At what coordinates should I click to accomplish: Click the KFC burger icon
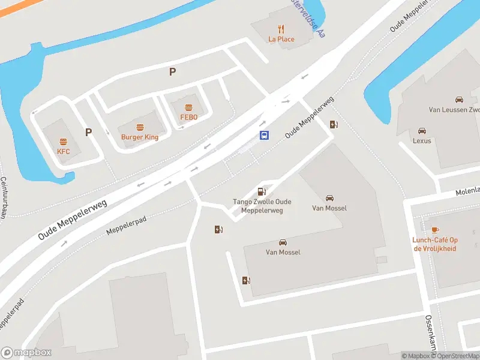pyautogui.click(x=63, y=142)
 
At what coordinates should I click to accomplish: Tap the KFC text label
pyautogui.click(x=64, y=152)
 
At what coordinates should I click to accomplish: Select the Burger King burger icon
pyautogui.click(x=140, y=127)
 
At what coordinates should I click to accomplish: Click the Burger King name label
pyautogui.click(x=140, y=137)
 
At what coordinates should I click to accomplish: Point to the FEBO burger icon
pyautogui.click(x=189, y=107)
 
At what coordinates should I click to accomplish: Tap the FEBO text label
pyautogui.click(x=189, y=117)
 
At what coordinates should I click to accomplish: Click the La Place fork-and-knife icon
pyautogui.click(x=281, y=29)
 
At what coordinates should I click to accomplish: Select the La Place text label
pyautogui.click(x=281, y=40)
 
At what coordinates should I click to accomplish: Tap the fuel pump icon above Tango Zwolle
pyautogui.click(x=262, y=191)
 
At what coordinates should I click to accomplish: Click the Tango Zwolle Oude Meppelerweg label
pyautogui.click(x=262, y=206)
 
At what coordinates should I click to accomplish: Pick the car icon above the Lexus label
pyautogui.click(x=422, y=130)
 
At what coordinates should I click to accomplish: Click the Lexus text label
pyautogui.click(x=422, y=141)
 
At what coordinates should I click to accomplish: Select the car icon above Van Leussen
pyautogui.click(x=459, y=100)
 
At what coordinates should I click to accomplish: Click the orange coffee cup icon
pyautogui.click(x=435, y=229)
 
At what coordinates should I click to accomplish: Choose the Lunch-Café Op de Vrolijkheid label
pyautogui.click(x=435, y=244)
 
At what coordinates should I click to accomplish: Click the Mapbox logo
pyautogui.click(x=26, y=353)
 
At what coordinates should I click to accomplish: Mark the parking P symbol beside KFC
pyautogui.click(x=88, y=132)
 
